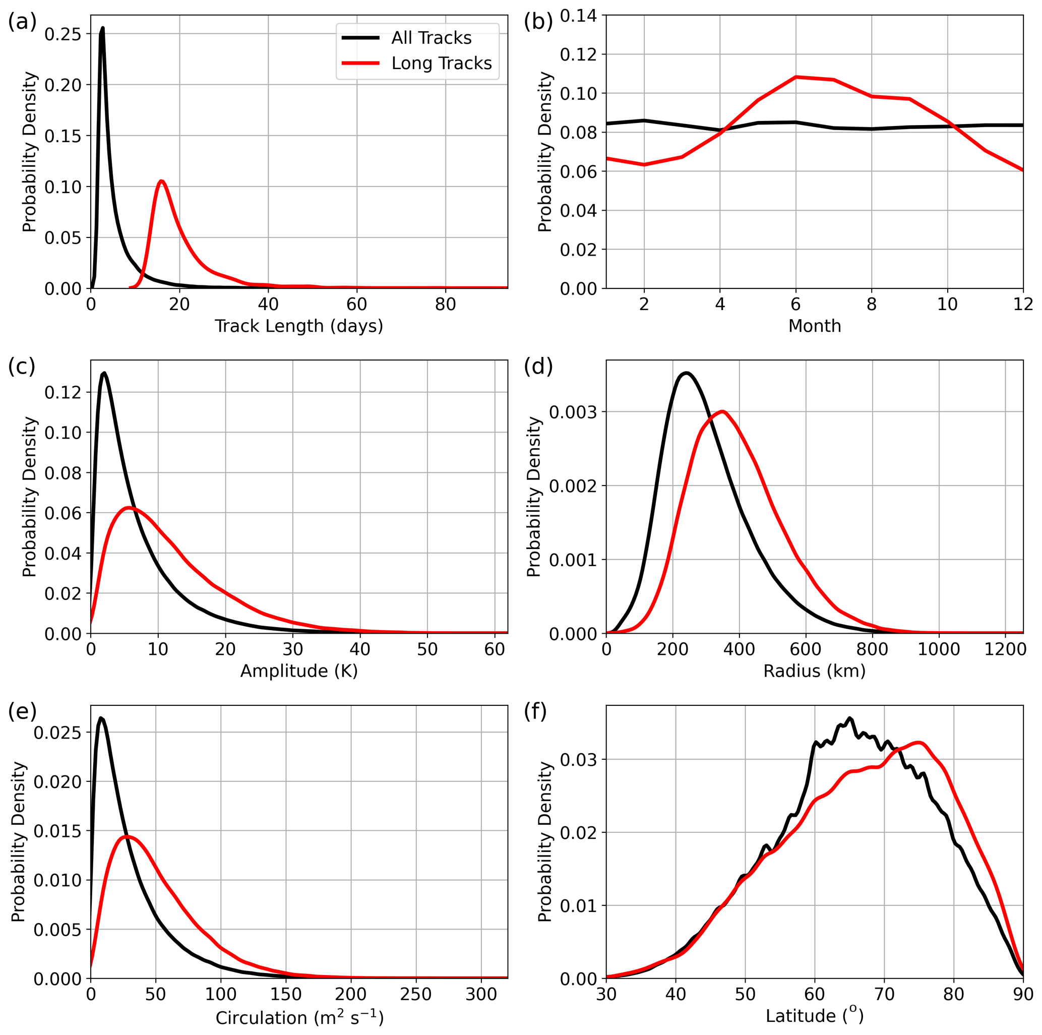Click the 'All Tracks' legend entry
[x=431, y=38]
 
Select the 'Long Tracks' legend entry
[x=441, y=63]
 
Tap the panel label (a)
[x=22, y=23]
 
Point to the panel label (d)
[x=538, y=367]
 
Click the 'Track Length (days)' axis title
[x=299, y=326]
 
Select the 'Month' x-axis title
[x=815, y=326]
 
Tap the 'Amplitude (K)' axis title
[x=299, y=671]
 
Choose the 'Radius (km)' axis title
[x=815, y=671]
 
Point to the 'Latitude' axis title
[x=815, y=1016]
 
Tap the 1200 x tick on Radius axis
[x=1005, y=649]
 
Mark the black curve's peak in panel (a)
[x=102, y=28]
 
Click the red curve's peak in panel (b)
[x=795, y=77]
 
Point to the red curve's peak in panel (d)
[x=723, y=411]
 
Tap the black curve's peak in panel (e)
[x=101, y=718]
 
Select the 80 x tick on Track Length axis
[x=446, y=304]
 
